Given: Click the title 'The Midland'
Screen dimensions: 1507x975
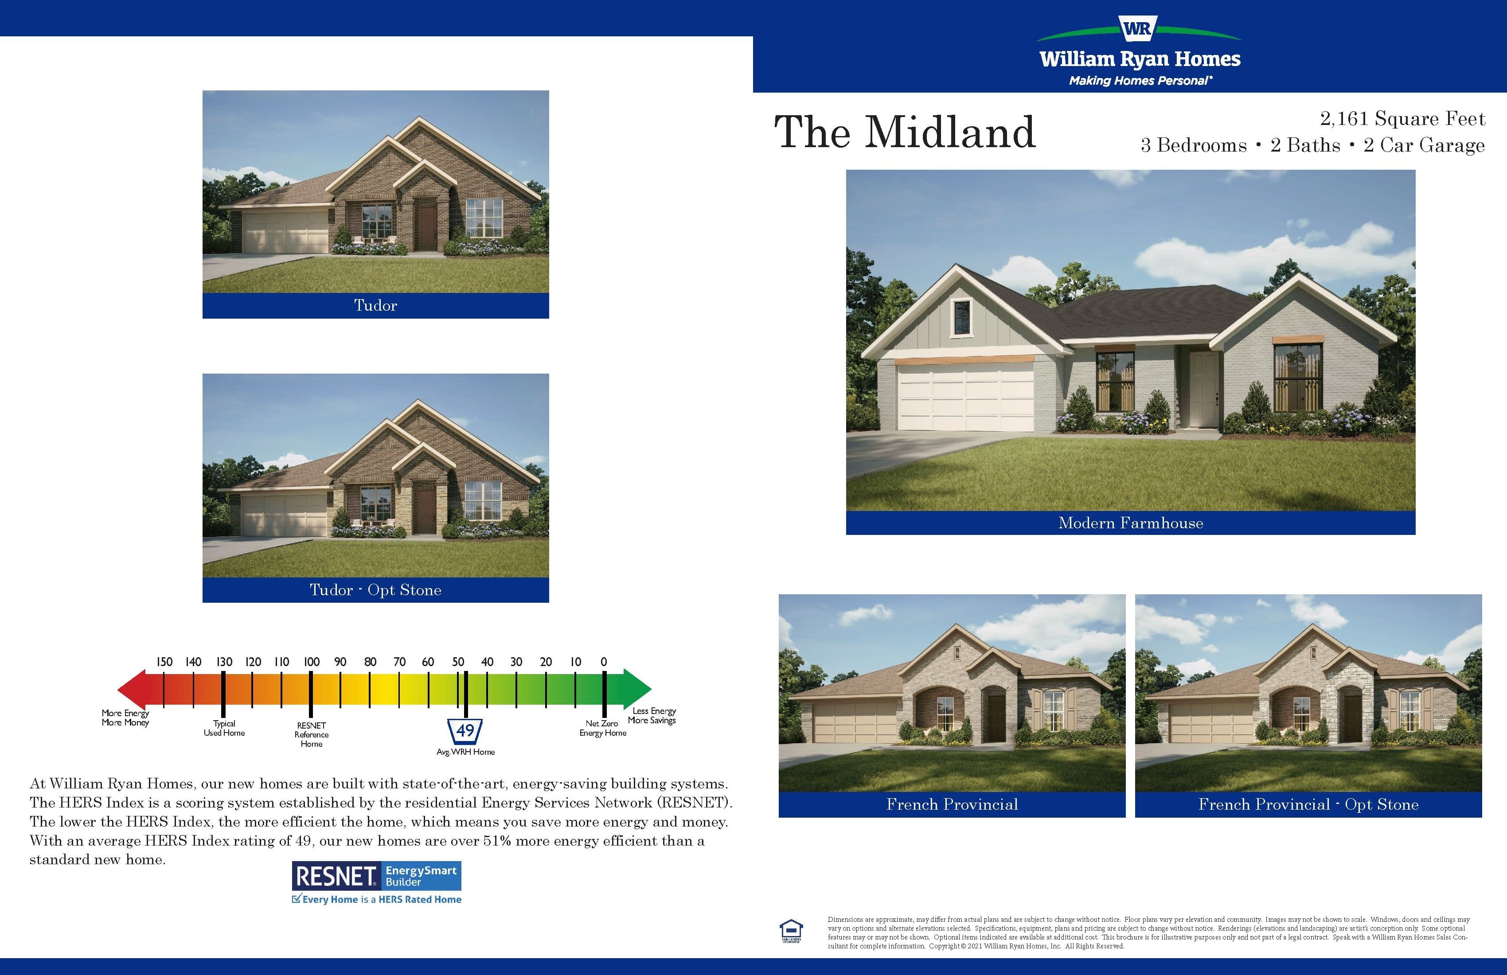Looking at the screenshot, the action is click(x=905, y=133).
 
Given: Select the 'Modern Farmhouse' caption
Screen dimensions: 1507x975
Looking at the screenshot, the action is click(x=1131, y=523).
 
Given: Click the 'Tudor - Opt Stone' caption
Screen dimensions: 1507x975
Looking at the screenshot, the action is click(x=375, y=590).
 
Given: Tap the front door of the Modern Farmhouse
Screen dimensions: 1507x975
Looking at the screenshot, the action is click(x=1202, y=388).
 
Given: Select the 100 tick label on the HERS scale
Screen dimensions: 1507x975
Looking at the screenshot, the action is click(x=311, y=662).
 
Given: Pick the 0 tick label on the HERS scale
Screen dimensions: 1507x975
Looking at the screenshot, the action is click(x=603, y=662).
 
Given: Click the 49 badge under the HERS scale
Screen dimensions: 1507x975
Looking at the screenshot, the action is click(x=465, y=731).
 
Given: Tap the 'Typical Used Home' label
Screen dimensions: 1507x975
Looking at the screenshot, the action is click(x=224, y=728).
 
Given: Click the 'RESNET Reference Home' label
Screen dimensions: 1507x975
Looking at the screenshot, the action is click(x=312, y=734).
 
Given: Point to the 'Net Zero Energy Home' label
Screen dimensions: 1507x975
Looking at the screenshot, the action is click(x=603, y=728).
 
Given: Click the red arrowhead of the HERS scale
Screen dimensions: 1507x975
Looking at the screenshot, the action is click(x=133, y=689).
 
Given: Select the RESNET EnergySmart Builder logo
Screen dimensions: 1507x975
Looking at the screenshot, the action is click(x=377, y=882).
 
